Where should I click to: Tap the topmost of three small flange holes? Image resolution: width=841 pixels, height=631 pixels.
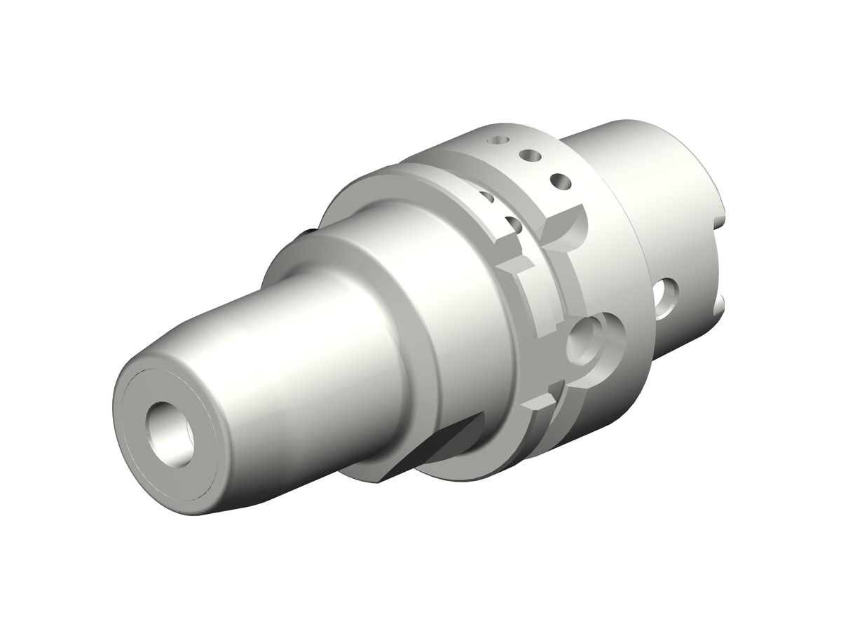coord(498,140)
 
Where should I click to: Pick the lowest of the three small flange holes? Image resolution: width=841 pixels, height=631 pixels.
coord(559,180)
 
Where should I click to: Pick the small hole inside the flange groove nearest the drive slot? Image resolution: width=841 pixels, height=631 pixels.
coord(512,224)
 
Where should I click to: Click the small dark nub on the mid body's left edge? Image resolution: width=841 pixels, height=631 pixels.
coord(308,233)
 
